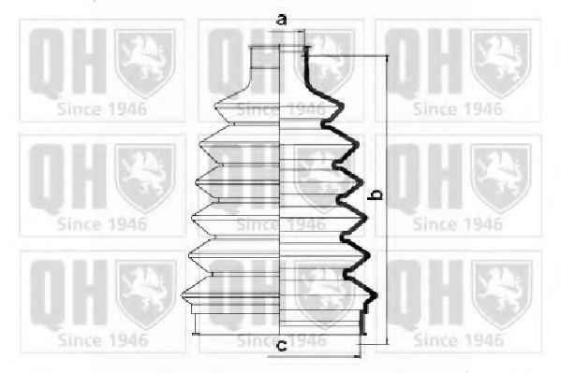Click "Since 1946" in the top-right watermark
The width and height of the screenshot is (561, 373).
457,108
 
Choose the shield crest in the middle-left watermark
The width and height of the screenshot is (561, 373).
144,176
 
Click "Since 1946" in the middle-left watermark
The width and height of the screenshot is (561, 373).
101,224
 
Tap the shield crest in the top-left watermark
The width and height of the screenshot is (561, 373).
144,63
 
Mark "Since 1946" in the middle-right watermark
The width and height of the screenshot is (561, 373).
457,224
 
